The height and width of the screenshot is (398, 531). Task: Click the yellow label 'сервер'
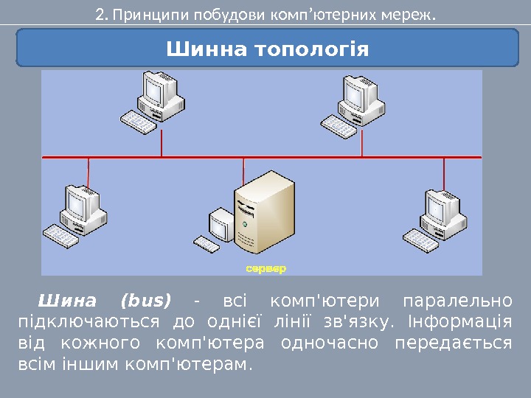click(265, 268)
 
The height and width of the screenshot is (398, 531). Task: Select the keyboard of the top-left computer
click(139, 122)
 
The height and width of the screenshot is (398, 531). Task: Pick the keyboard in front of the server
click(209, 244)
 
